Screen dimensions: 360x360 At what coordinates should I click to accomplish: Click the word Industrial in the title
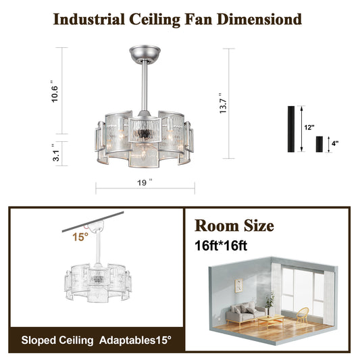pyautogui.click(x=89, y=20)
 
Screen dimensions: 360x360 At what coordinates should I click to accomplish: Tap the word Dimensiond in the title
pyautogui.click(x=259, y=20)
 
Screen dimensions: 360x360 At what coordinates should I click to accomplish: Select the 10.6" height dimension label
pyautogui.click(x=55, y=91)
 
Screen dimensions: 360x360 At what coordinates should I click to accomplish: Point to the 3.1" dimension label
pyautogui.click(x=56, y=153)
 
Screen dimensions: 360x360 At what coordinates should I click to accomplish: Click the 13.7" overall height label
pyautogui.click(x=223, y=103)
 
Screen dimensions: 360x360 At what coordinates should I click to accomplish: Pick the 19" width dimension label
pyautogui.click(x=145, y=182)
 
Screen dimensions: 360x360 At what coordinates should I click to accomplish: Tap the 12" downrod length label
pyautogui.click(x=309, y=127)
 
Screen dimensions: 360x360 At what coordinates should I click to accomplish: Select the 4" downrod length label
pyautogui.click(x=335, y=143)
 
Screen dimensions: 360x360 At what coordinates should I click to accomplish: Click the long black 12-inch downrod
pyautogui.click(x=291, y=129)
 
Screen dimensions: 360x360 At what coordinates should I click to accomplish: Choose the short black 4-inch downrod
pyautogui.click(x=319, y=144)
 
